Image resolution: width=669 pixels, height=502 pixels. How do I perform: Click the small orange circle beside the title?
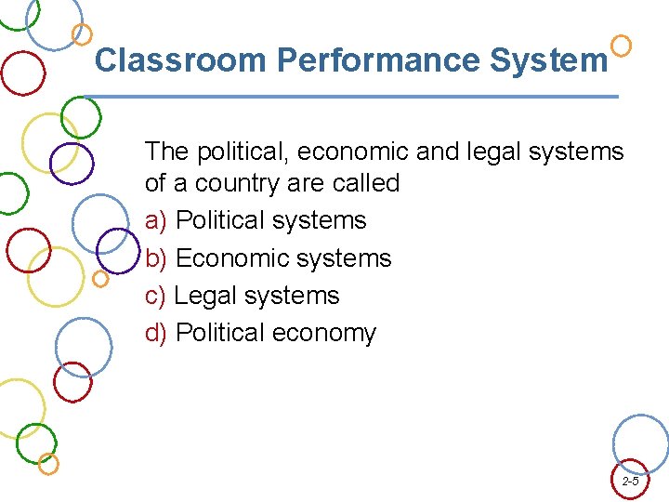622,45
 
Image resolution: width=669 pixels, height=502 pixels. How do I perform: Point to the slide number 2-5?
630,482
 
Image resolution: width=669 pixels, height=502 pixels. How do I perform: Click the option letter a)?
156,221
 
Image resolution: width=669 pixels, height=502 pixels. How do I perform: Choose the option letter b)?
156,258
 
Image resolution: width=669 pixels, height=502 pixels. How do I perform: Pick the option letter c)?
155,297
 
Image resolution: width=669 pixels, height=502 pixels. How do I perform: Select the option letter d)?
156,333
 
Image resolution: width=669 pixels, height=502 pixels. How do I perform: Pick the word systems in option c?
296,297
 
